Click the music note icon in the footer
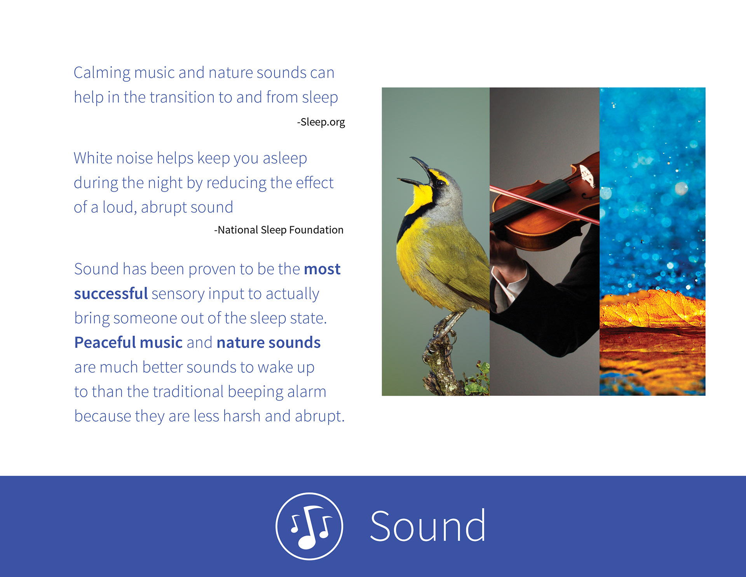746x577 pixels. [309, 526]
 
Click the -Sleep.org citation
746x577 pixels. [321, 122]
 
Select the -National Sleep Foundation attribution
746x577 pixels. [279, 230]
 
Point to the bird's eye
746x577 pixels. [440, 183]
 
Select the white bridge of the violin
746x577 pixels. [587, 176]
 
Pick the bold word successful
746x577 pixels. [111, 294]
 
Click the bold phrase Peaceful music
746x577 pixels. [128, 342]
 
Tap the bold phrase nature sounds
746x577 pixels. [268, 343]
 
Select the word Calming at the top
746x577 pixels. [102, 73]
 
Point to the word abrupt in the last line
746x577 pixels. [319, 416]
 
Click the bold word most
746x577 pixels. [322, 269]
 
